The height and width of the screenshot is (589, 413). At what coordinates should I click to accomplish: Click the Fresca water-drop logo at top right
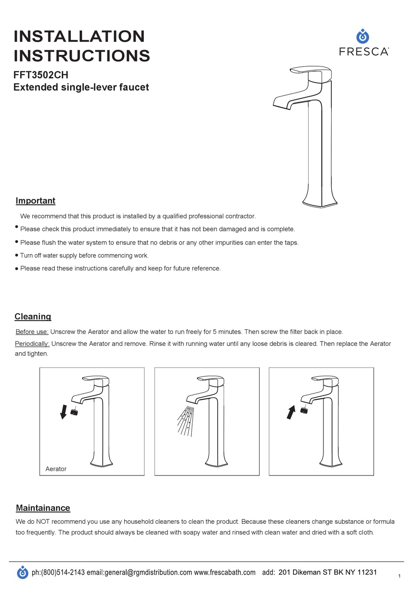(x=363, y=36)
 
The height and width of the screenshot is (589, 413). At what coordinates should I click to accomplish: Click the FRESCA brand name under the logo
(x=364, y=52)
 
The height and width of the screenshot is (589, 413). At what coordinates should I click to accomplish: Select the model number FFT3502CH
(x=41, y=75)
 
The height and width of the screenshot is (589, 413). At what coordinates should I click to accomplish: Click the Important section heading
(x=36, y=201)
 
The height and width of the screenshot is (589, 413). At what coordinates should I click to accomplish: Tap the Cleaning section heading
(x=33, y=317)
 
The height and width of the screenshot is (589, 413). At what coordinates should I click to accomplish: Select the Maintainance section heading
(x=43, y=508)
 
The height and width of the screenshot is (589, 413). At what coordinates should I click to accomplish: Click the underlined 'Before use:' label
(x=32, y=332)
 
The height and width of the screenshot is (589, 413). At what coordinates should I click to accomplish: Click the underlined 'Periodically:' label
(x=32, y=344)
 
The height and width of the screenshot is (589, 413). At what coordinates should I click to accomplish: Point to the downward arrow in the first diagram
(x=63, y=412)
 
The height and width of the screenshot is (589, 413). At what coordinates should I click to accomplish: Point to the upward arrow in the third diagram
(x=291, y=412)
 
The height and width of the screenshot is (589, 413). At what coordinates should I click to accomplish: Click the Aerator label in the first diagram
(x=56, y=469)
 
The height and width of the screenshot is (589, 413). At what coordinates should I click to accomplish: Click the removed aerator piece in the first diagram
(x=74, y=412)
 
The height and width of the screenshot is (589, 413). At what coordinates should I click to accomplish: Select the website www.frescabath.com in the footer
(x=225, y=572)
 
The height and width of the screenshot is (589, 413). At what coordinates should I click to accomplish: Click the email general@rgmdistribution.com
(x=140, y=572)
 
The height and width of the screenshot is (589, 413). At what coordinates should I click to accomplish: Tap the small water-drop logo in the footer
(x=23, y=572)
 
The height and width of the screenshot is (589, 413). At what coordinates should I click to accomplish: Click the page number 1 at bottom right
(x=399, y=576)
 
